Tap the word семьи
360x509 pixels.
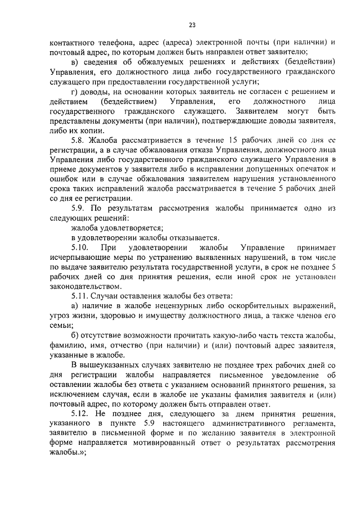tap(60, 326)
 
